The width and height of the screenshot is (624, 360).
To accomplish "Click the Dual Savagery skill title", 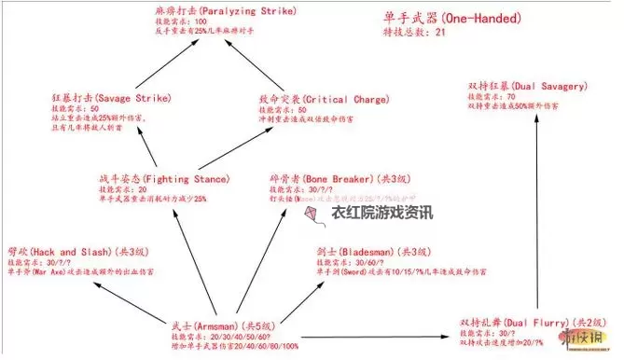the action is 516,86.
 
